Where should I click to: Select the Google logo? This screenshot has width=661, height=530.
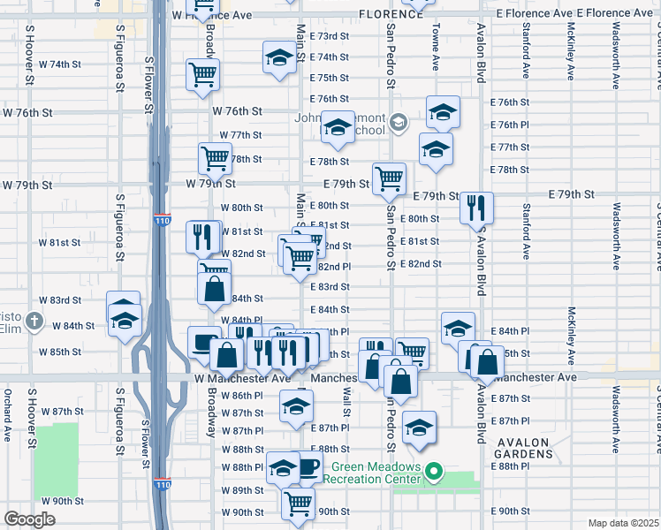click(29, 519)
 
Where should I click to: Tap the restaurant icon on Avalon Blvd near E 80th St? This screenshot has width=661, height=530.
click(476, 208)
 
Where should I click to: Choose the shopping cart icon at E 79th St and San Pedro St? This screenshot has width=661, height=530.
click(389, 178)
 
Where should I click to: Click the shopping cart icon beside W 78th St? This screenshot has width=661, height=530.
click(215, 159)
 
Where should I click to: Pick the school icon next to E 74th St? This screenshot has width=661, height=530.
click(280, 58)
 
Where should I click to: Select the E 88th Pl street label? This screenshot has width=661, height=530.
click(508, 466)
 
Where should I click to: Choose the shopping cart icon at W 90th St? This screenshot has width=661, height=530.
click(299, 503)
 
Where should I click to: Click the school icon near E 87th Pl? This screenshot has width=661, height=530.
click(419, 428)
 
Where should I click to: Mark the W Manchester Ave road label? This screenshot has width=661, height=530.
click(242, 377)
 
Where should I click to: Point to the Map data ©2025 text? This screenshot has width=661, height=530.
click(624, 523)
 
